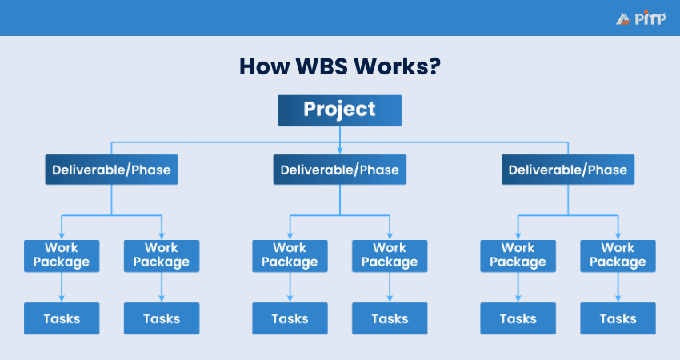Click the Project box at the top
coord(339,110)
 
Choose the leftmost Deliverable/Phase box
coord(111,170)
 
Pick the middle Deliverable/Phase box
coord(339,170)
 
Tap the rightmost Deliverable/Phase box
coord(568,170)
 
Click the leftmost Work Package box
coord(62,255)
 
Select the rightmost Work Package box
coord(618,255)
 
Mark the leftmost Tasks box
coord(62,318)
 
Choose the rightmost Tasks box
coord(618,318)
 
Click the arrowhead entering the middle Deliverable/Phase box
coord(340,150)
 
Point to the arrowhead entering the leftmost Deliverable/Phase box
coord(111,150)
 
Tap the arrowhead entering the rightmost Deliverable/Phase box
coord(568,150)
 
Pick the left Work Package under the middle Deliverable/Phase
coord(290,255)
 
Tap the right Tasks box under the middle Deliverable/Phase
coord(390,318)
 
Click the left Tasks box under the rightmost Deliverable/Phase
coord(518,318)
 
